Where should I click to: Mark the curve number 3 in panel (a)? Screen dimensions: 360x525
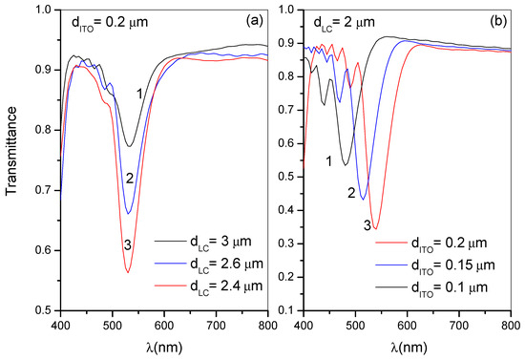126,247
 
